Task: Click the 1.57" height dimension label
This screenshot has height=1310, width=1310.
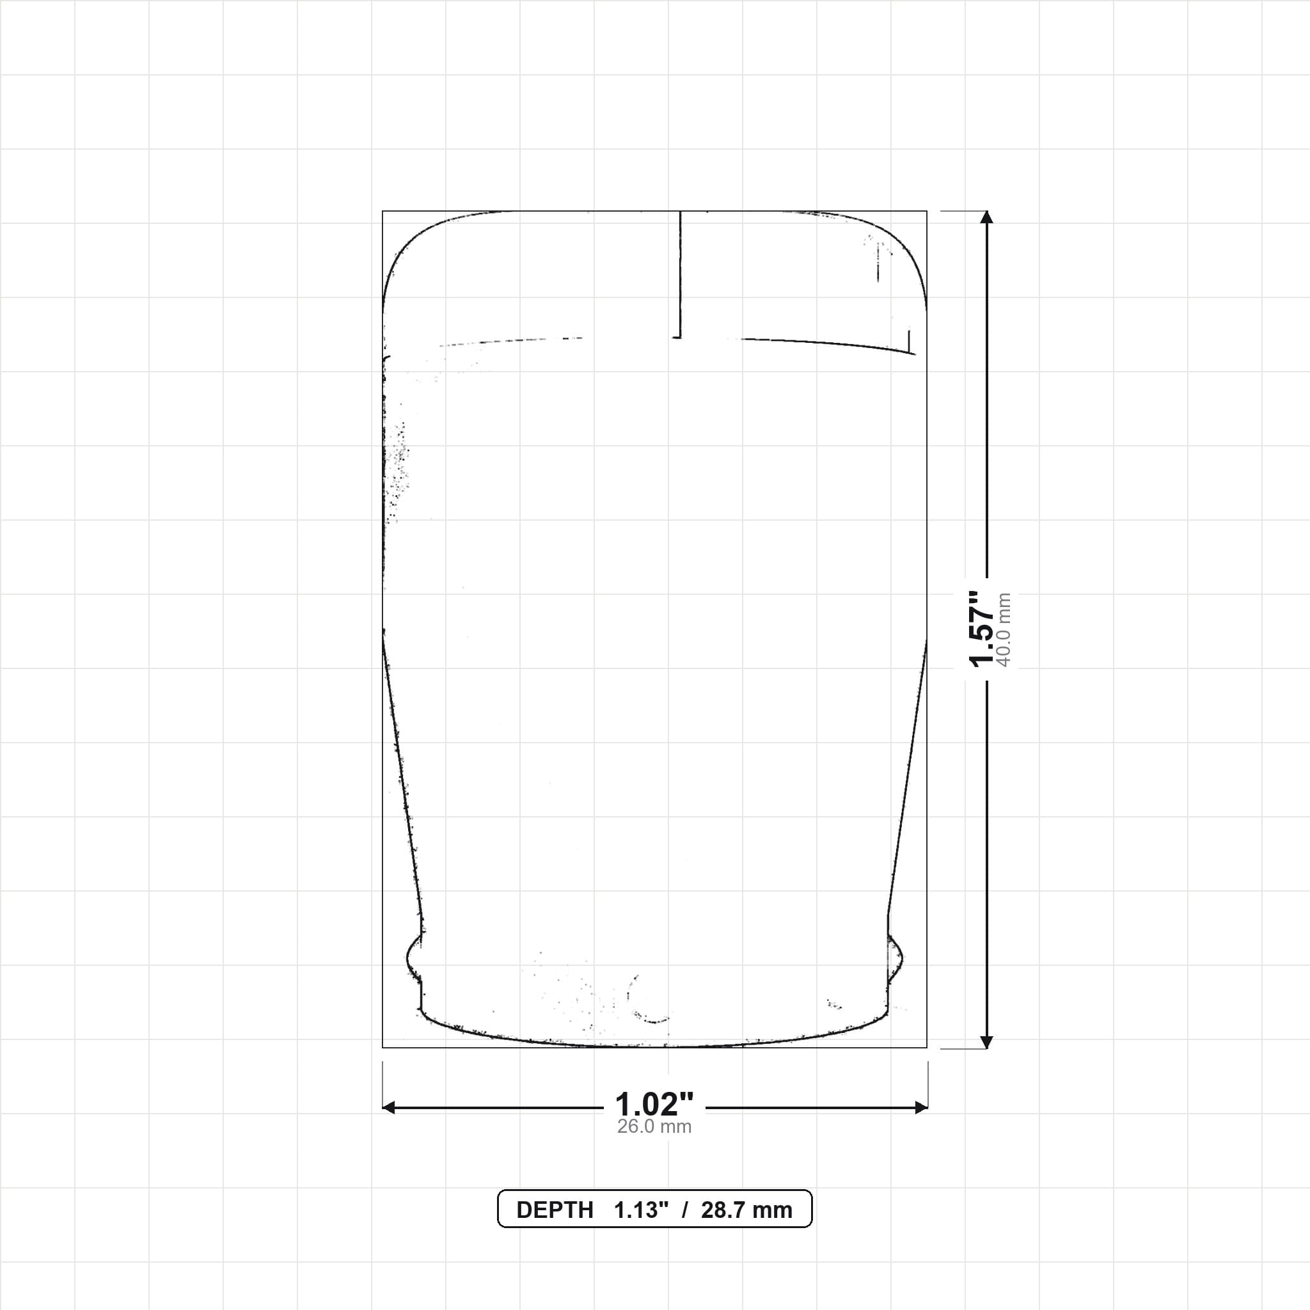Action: (981, 629)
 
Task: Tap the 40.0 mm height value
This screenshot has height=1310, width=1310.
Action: (1004, 630)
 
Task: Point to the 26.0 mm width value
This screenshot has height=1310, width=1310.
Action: (654, 1127)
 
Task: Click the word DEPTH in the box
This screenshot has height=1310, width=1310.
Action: (555, 1210)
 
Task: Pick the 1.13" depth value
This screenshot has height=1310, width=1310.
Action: (642, 1210)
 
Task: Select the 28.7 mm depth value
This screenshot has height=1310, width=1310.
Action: (746, 1210)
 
